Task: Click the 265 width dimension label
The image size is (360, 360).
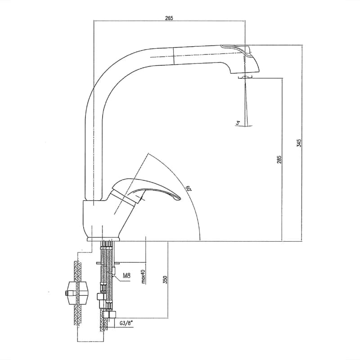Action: pos(169,18)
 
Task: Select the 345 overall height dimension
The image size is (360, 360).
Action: pos(299,143)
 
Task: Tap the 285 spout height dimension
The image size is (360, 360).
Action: pos(279,160)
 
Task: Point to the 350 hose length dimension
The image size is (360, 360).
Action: pos(165,279)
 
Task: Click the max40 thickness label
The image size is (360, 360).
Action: pos(144,276)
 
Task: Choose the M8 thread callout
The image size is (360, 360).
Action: pos(126,275)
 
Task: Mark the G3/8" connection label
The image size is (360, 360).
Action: pos(126,324)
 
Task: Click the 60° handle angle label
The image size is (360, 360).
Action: pos(189,189)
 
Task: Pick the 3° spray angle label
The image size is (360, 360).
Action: pos(238,123)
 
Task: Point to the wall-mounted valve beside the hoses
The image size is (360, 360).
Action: pos(76,293)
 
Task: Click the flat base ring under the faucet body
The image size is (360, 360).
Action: pos(104,239)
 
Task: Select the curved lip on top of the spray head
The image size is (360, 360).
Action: pos(237,49)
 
